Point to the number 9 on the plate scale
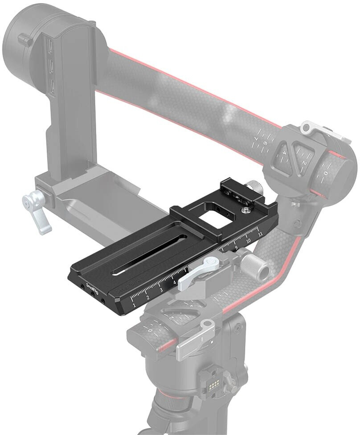pos(236,247)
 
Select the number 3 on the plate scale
pos(161,290)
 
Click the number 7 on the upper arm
pos(257,141)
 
